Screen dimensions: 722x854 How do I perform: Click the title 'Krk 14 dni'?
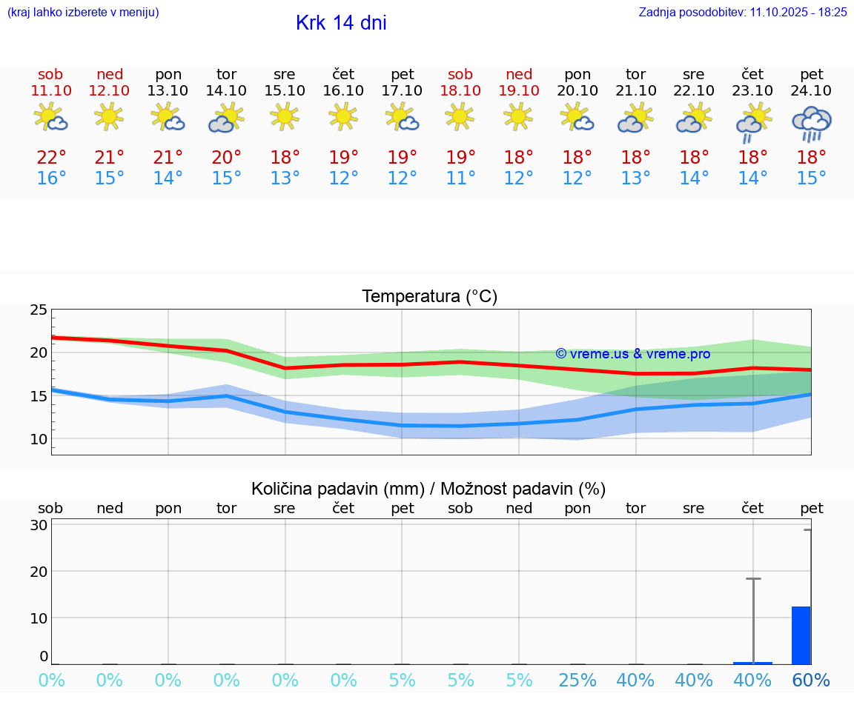(x=341, y=23)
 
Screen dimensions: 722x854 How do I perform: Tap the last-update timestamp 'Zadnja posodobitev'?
(x=742, y=12)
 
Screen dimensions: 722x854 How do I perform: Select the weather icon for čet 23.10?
(x=752, y=121)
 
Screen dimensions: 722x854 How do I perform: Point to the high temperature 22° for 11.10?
(x=51, y=158)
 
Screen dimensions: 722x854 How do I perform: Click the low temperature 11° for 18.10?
(x=460, y=178)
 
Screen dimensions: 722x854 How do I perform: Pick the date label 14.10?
(x=226, y=90)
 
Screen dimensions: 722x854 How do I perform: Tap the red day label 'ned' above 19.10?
(x=519, y=74)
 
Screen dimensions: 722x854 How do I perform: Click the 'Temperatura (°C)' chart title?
(x=429, y=297)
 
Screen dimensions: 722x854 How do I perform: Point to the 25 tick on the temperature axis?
(x=39, y=310)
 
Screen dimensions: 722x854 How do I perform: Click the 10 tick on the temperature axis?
(x=39, y=439)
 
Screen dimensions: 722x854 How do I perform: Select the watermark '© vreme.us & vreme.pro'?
(x=632, y=354)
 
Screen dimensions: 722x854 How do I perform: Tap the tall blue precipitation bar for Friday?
(x=801, y=635)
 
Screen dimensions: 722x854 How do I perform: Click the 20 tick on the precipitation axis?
(x=39, y=572)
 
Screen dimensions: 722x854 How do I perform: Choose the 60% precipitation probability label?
(x=811, y=681)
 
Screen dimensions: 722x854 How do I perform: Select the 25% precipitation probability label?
(x=577, y=681)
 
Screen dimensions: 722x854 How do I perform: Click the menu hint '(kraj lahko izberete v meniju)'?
(x=83, y=12)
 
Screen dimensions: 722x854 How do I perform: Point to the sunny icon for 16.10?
(x=343, y=116)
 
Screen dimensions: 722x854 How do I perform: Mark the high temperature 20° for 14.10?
(x=226, y=158)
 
